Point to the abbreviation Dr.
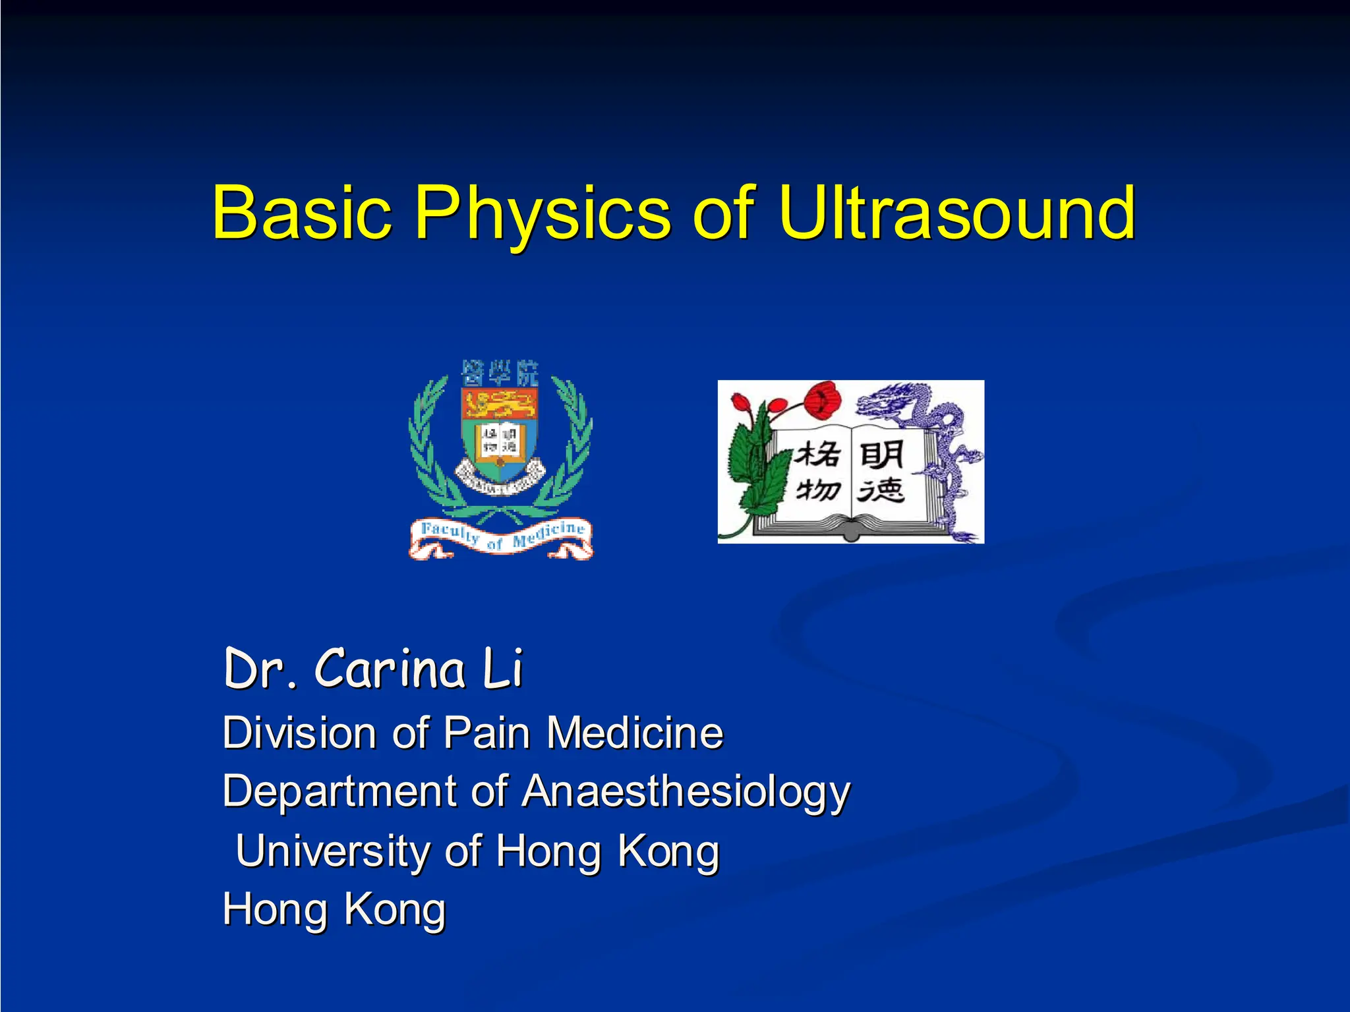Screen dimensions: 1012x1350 [260, 669]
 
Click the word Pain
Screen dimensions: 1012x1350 [486, 733]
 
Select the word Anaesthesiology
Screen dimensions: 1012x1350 [686, 791]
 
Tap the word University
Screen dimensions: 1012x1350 [333, 851]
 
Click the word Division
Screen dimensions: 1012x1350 [300, 733]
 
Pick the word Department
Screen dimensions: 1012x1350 [338, 791]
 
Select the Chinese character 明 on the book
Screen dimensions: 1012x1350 [881, 455]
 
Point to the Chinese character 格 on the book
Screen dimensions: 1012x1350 [817, 455]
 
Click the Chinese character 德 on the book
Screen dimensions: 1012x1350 [881, 491]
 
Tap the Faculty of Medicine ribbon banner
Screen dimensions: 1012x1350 [501, 537]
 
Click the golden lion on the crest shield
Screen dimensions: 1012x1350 [500, 403]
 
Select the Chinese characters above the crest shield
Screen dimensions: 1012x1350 [500, 373]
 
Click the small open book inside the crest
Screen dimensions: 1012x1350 [500, 438]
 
